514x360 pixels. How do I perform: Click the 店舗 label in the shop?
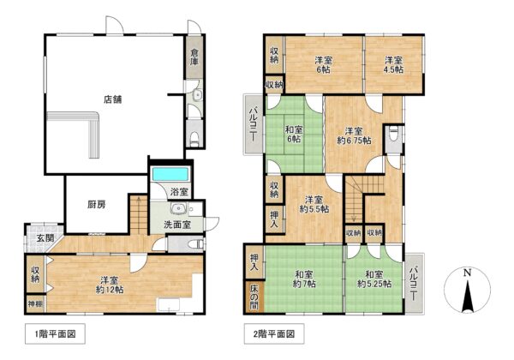tap(113, 99)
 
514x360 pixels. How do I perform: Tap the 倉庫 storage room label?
tap(194, 57)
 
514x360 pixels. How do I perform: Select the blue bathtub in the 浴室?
tap(170, 174)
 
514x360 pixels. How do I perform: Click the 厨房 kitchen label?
tap(97, 205)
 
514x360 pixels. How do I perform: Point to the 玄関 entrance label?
tap(45, 238)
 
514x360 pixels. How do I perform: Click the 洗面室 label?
tap(177, 225)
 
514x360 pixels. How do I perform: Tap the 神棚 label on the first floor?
tap(35, 304)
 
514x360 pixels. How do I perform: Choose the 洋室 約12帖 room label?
tap(110, 285)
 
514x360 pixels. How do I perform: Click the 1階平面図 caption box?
tap(55, 333)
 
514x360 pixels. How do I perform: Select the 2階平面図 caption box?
tap(274, 333)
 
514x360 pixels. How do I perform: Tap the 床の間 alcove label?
tap(254, 297)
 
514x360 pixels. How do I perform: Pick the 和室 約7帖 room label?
tap(304, 279)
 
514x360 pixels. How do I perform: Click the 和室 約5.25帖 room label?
tap(374, 279)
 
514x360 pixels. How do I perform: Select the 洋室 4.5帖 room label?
tap(394, 65)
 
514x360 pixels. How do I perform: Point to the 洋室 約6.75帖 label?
tap(354, 135)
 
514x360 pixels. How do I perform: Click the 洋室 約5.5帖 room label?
tap(314, 204)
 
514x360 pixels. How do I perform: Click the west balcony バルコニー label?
tap(253, 124)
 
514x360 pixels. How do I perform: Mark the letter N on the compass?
tap(468, 272)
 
